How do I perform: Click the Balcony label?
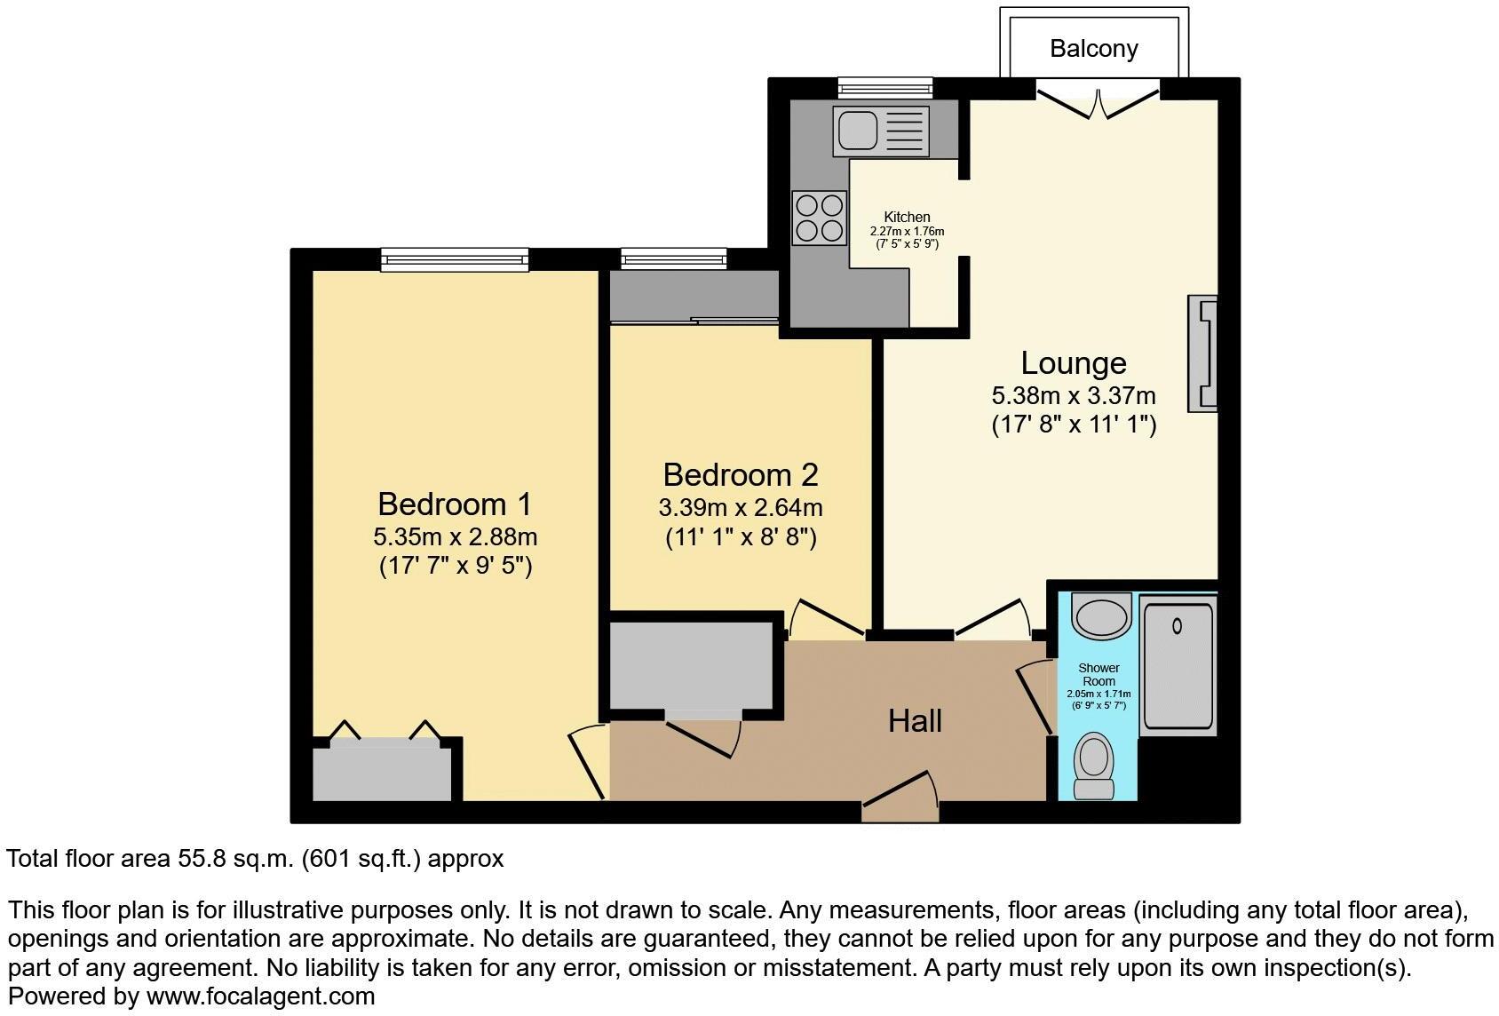(1093, 48)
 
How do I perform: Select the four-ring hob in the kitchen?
(819, 218)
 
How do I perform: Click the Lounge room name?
(1073, 363)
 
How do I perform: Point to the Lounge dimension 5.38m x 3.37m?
(1073, 395)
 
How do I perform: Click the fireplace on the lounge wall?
(1203, 353)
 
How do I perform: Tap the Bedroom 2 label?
(740, 475)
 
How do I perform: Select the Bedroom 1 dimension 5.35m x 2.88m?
(455, 536)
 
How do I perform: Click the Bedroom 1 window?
(455, 259)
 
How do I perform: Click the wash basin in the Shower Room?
(1100, 615)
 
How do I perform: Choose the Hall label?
(915, 721)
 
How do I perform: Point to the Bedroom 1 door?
(588, 762)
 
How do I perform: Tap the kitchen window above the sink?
(885, 87)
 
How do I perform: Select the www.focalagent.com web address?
(260, 996)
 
